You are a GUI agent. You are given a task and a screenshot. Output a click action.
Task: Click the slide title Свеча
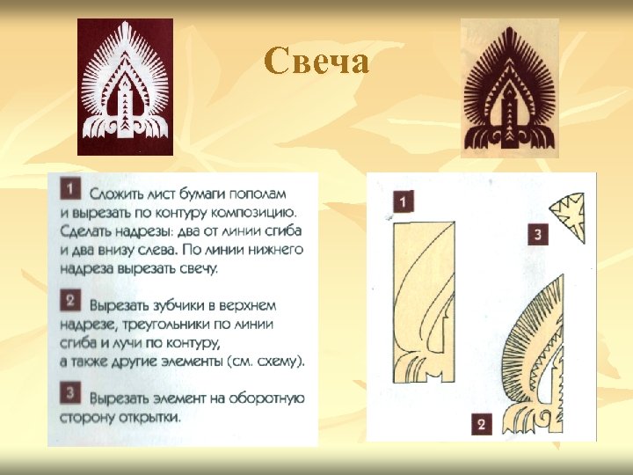316,61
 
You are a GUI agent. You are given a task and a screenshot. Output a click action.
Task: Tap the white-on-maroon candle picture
125,87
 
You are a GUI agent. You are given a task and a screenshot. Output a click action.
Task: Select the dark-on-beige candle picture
510,88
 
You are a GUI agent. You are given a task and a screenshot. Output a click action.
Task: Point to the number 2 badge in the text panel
70,302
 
